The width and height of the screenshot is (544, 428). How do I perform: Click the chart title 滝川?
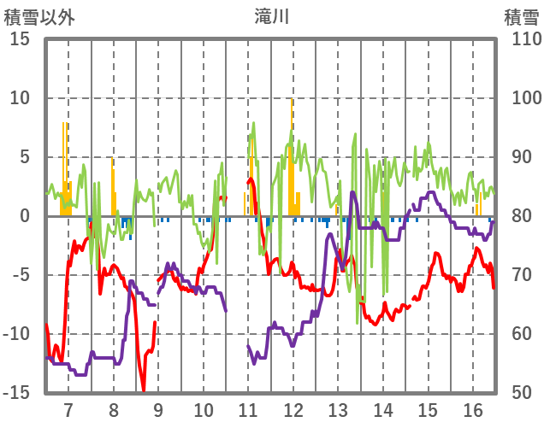click(x=271, y=16)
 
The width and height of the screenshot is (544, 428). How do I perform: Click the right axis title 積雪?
click(x=520, y=16)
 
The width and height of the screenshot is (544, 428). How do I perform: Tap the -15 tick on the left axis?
click(x=17, y=392)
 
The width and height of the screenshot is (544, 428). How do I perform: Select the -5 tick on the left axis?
click(x=21, y=275)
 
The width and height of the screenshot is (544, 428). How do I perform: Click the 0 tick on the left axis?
click(x=25, y=216)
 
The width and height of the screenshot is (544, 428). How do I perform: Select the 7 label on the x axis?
click(x=68, y=409)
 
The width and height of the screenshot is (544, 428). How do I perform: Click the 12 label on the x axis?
click(x=293, y=409)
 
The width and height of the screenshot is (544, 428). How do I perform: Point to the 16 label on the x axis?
click(x=473, y=409)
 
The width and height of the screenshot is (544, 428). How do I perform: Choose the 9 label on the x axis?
click(x=158, y=409)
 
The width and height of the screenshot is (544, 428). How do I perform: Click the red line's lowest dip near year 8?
click(x=143, y=389)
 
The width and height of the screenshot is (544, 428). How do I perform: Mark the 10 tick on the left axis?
click(x=21, y=98)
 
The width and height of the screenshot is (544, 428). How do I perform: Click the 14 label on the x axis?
click(x=383, y=409)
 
